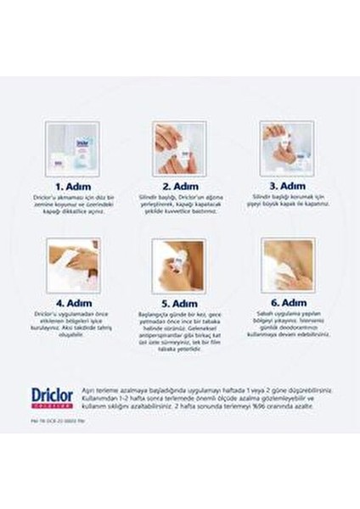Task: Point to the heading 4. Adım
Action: click(72, 303)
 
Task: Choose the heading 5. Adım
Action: click(180, 303)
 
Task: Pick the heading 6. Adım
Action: click(287, 303)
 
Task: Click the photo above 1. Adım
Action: click(73, 149)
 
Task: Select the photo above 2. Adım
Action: click(180, 149)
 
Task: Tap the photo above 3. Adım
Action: click(287, 149)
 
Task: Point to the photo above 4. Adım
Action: click(73, 266)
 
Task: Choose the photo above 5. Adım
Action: click(180, 266)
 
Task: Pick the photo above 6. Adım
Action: click(287, 266)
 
